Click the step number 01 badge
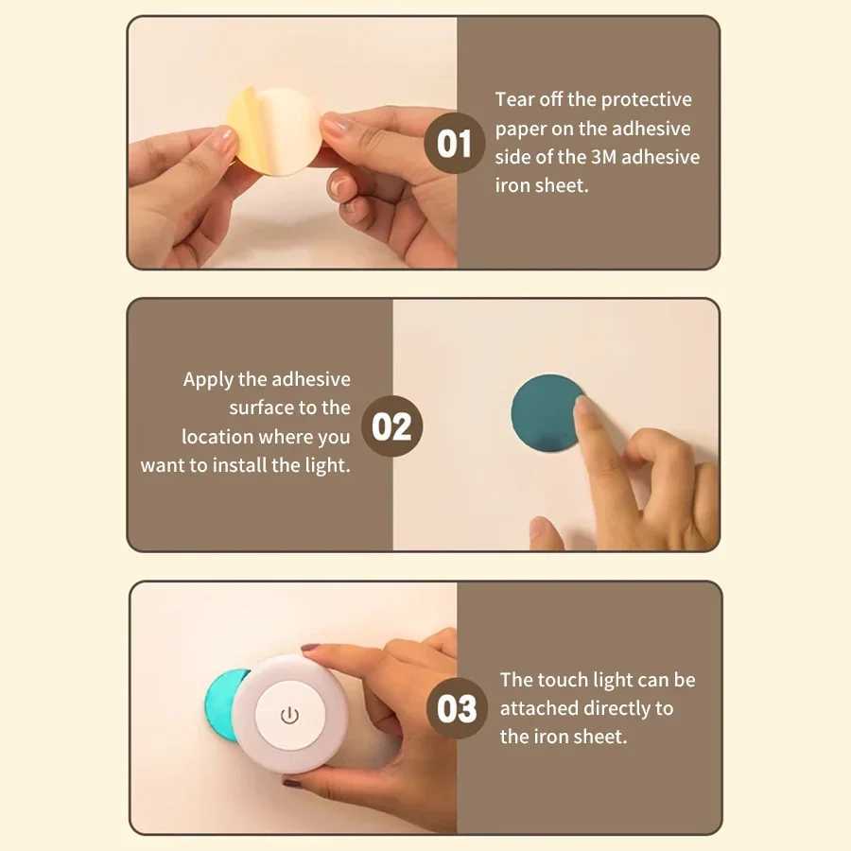point(455,144)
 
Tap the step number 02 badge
point(391,426)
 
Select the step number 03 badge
point(458,708)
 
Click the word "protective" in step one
point(647,99)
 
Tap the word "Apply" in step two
point(208,379)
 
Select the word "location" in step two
point(217,437)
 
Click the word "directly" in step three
point(614,708)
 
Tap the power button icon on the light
point(290,715)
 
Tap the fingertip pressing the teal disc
point(584,408)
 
